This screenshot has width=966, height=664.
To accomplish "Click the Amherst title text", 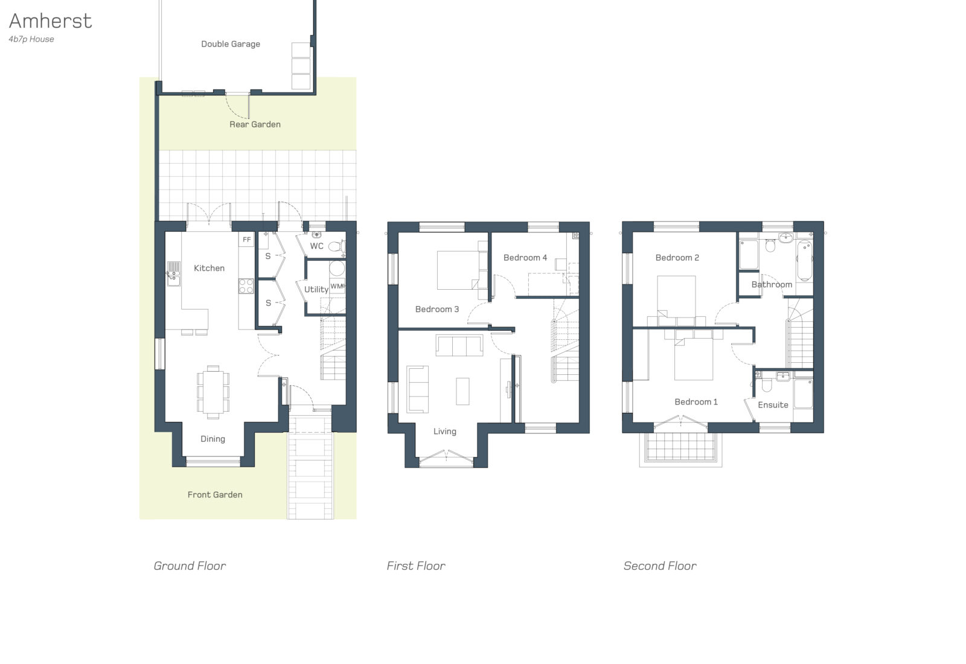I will tap(51, 21).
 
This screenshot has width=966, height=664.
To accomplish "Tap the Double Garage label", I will tap(231, 44).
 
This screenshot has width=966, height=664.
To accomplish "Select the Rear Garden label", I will tap(255, 124).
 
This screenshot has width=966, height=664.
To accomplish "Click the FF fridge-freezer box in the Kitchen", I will tap(246, 240).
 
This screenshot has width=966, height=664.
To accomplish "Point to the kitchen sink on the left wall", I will tap(174, 273).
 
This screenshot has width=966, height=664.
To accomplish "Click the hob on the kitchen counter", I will tap(246, 286).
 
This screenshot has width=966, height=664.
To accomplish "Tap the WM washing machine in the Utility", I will tap(337, 286).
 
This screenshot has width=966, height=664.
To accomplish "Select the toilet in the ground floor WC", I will tap(336, 246).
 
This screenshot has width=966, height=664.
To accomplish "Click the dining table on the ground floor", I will tap(213, 392).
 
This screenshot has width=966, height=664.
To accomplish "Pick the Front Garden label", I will tap(215, 494).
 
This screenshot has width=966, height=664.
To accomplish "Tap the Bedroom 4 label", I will tap(525, 258).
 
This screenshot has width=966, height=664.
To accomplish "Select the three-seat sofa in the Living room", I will tap(459, 346).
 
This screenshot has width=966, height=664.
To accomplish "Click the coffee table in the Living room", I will tap(462, 391).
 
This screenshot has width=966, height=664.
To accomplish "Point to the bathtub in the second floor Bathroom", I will tap(805, 261).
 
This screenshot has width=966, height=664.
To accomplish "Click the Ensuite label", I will tap(773, 405).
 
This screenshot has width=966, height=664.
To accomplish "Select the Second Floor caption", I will tap(660, 566).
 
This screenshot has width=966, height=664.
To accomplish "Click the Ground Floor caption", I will tap(190, 566).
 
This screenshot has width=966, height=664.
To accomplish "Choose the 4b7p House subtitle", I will tap(31, 39).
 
